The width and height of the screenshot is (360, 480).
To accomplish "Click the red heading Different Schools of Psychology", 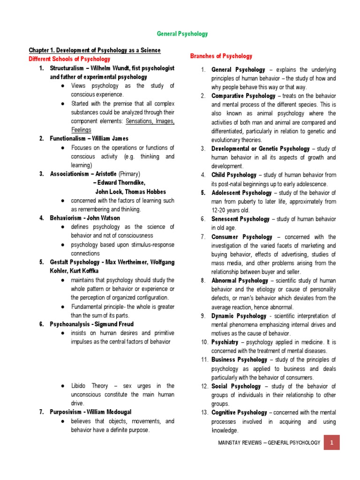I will tap(69, 59).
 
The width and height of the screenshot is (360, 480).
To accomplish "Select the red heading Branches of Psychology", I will tap(221, 56).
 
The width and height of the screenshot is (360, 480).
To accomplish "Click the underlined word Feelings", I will tap(81, 130).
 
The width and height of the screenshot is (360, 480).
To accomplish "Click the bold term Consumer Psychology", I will tap(242, 237).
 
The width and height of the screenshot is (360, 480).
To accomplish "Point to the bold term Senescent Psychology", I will tap(240, 219).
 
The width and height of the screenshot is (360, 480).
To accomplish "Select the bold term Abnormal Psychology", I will tap(240, 280).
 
